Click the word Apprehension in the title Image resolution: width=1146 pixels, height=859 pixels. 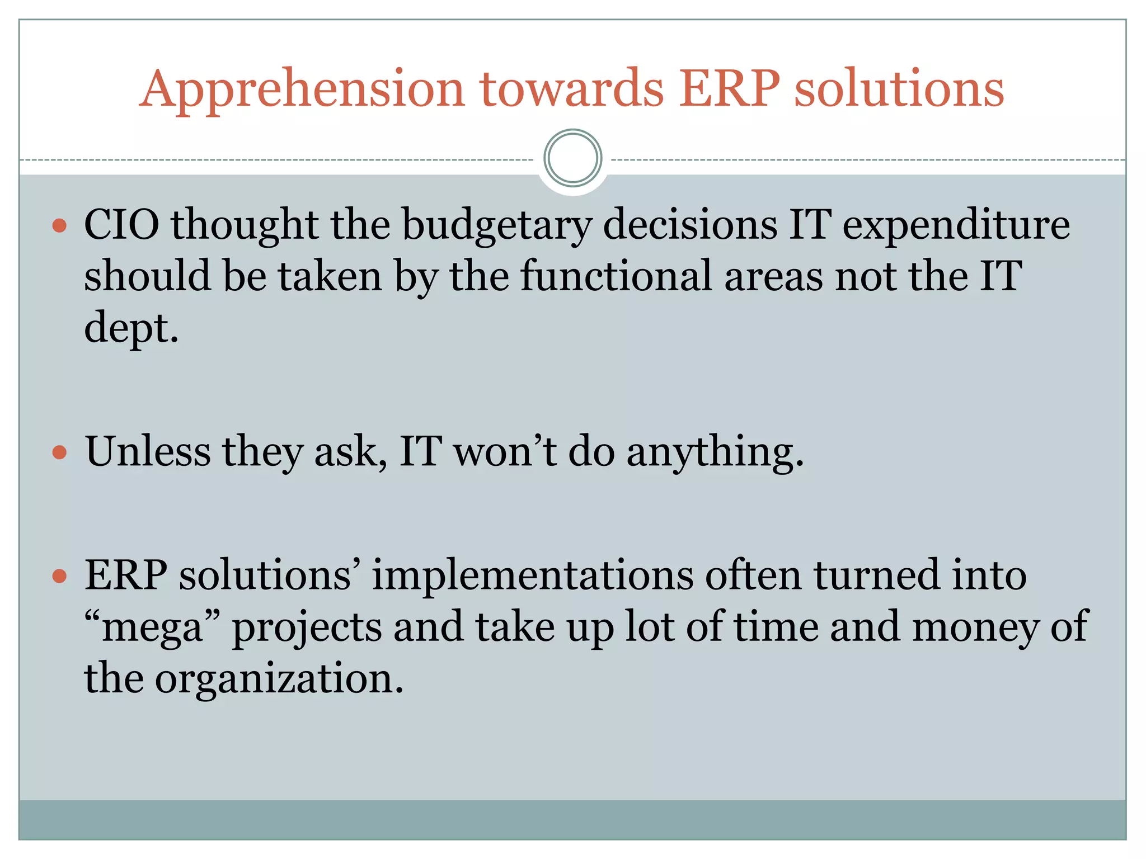[x=302, y=89]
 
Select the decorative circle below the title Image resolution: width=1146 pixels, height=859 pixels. [x=572, y=158]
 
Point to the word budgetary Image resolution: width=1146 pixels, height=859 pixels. [x=496, y=225]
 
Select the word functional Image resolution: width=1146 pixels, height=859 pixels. [x=616, y=276]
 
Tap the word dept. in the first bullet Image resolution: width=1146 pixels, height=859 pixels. [x=131, y=328]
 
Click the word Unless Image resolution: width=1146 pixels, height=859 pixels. [x=148, y=451]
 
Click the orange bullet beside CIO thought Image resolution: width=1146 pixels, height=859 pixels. [x=59, y=226]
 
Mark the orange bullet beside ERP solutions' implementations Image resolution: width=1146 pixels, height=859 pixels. [x=59, y=576]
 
